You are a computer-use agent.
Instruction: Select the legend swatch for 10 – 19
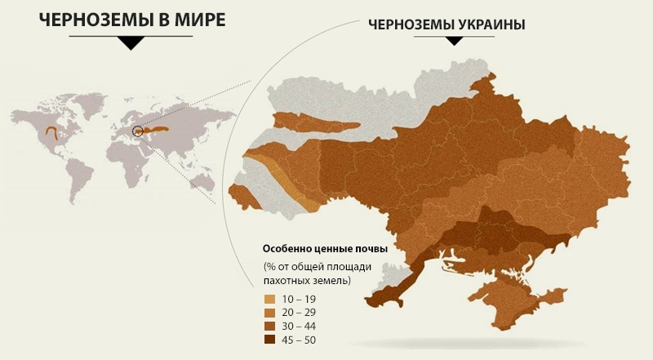click(x=269, y=300)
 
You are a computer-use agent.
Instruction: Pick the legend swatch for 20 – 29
click(x=269, y=313)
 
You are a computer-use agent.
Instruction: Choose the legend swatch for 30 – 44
click(x=269, y=327)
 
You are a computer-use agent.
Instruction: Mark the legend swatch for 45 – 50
click(x=269, y=340)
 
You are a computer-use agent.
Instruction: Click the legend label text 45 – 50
click(x=300, y=340)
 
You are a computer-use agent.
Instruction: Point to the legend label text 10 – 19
click(x=300, y=300)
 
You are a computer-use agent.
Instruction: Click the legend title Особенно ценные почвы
click(x=324, y=248)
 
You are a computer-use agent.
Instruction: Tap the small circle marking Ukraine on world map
click(x=137, y=130)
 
